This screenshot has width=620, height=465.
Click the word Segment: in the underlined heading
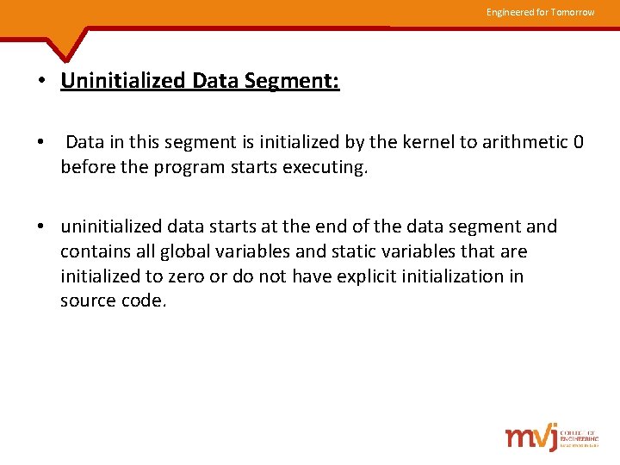click(x=292, y=82)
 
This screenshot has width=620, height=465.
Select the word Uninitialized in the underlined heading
click(x=123, y=82)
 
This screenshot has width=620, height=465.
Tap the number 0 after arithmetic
click(x=578, y=142)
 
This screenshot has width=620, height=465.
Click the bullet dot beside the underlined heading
click(x=41, y=83)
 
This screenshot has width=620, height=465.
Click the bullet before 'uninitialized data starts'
click(x=41, y=227)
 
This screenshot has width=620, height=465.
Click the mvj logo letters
click(x=530, y=437)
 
